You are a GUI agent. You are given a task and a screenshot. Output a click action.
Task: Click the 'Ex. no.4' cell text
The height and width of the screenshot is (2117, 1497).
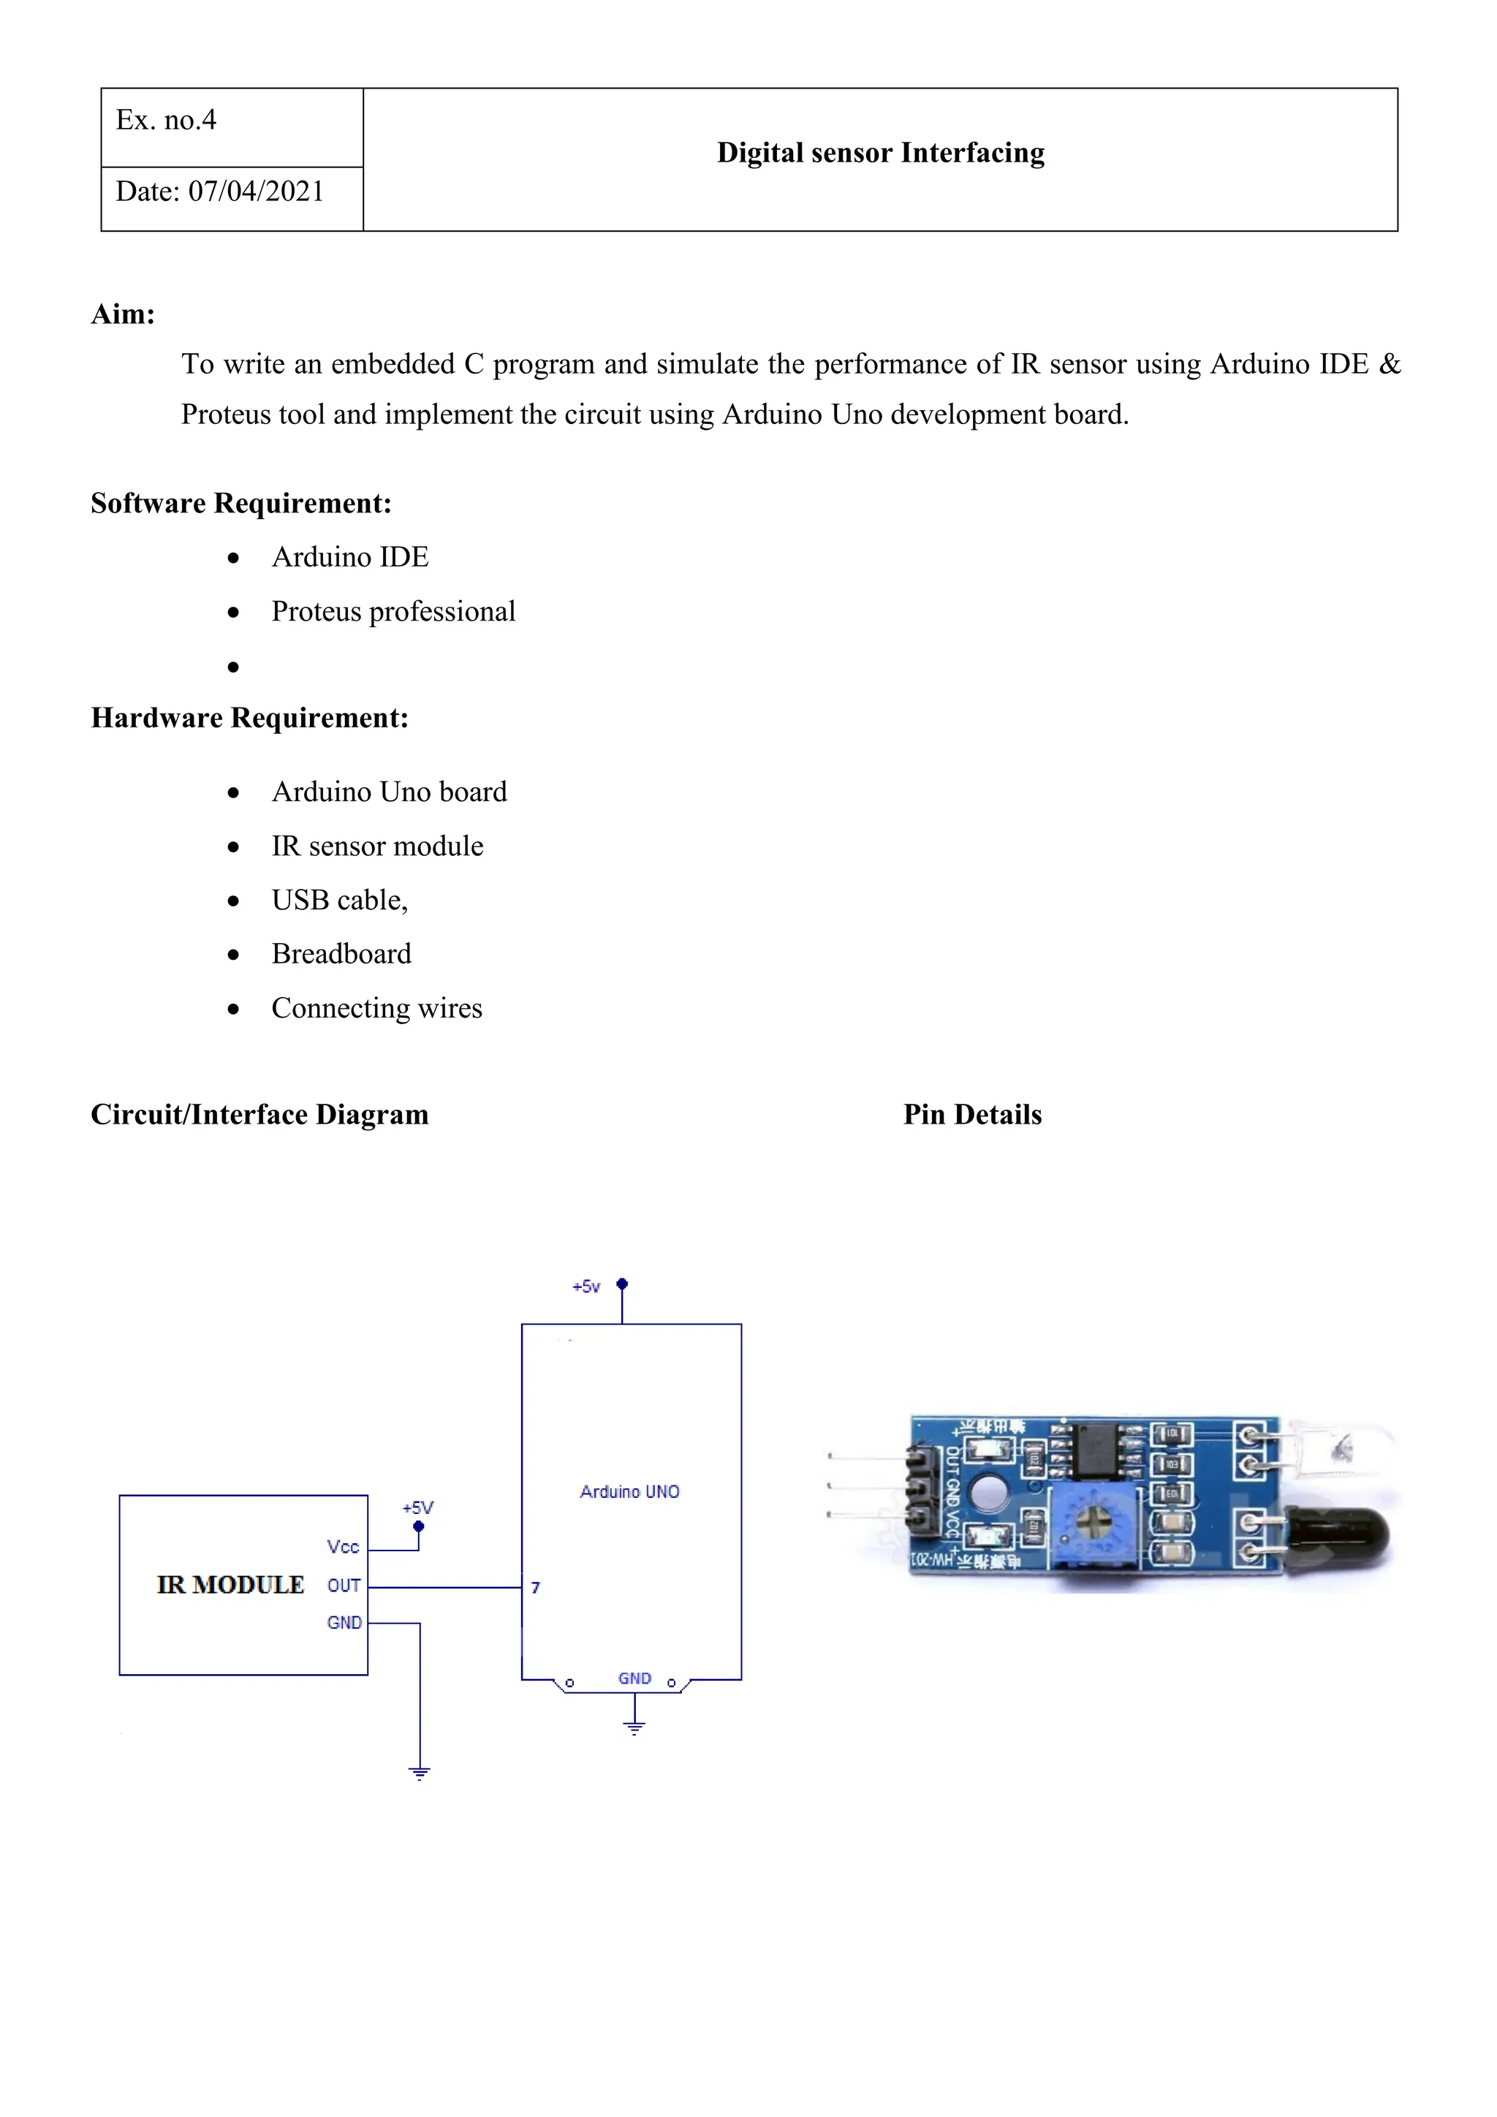pyautogui.click(x=166, y=121)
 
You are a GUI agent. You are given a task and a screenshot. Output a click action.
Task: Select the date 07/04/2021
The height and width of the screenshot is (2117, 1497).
pyautogui.click(x=257, y=192)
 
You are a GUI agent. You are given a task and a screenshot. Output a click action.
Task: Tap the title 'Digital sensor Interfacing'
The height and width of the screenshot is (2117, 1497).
pyautogui.click(x=880, y=153)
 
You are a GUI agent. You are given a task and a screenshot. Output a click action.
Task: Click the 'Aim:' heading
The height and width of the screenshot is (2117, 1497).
pyautogui.click(x=123, y=314)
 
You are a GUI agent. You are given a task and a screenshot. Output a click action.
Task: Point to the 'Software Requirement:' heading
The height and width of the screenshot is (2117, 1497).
pyautogui.click(x=240, y=504)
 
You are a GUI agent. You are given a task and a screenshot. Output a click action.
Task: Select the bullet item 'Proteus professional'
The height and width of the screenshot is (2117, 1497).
pyautogui.click(x=393, y=611)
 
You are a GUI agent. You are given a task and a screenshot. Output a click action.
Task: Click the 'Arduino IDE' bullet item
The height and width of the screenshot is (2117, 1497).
pyautogui.click(x=349, y=557)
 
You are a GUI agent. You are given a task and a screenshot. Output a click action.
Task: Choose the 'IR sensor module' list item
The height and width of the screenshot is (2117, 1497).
pyautogui.click(x=377, y=846)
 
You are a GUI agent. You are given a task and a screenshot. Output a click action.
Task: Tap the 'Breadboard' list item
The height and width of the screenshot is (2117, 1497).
pyautogui.click(x=341, y=953)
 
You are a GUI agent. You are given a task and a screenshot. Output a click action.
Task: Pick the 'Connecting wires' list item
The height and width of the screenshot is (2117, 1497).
pyautogui.click(x=376, y=1008)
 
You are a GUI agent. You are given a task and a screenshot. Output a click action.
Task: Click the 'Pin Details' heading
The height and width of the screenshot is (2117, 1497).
pyautogui.click(x=971, y=1115)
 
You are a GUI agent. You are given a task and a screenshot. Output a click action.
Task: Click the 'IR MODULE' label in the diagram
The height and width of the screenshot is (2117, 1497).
pyautogui.click(x=230, y=1584)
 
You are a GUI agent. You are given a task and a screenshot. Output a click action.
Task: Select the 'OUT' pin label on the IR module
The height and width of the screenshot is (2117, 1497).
pyautogui.click(x=344, y=1585)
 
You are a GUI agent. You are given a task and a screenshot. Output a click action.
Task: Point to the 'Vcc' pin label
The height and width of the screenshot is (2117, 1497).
pyautogui.click(x=343, y=1546)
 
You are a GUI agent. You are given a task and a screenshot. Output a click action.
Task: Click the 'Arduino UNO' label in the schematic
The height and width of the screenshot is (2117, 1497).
pyautogui.click(x=629, y=1491)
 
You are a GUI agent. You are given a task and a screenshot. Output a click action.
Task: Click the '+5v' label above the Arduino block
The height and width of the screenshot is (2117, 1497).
pyautogui.click(x=586, y=1287)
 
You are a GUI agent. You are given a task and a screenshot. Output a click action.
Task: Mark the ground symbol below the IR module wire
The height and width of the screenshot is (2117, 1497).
pyautogui.click(x=420, y=1772)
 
